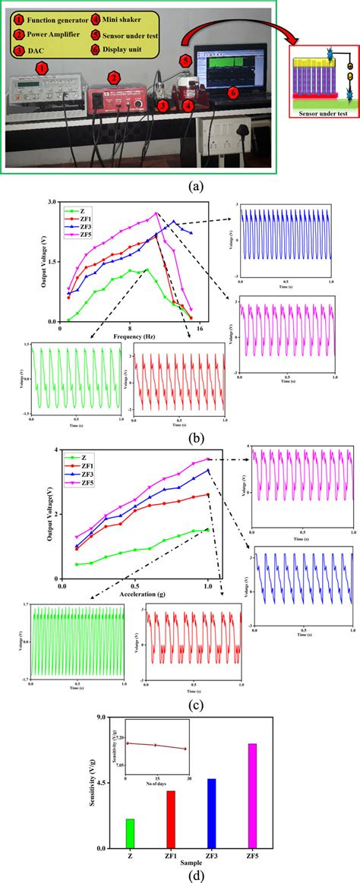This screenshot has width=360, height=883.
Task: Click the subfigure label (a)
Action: click(179, 184)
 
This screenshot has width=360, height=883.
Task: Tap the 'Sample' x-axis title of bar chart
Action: click(192, 863)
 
